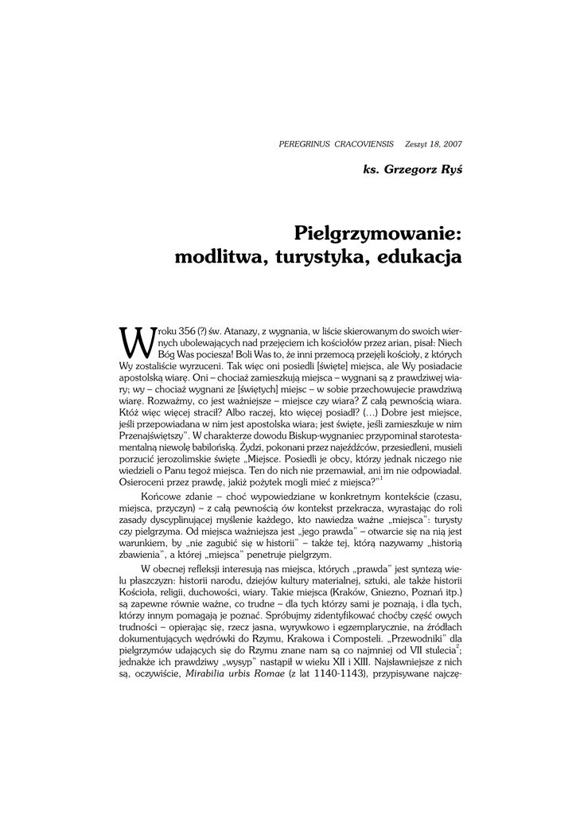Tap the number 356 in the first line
[x=189, y=330]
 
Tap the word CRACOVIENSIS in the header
[x=365, y=144]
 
